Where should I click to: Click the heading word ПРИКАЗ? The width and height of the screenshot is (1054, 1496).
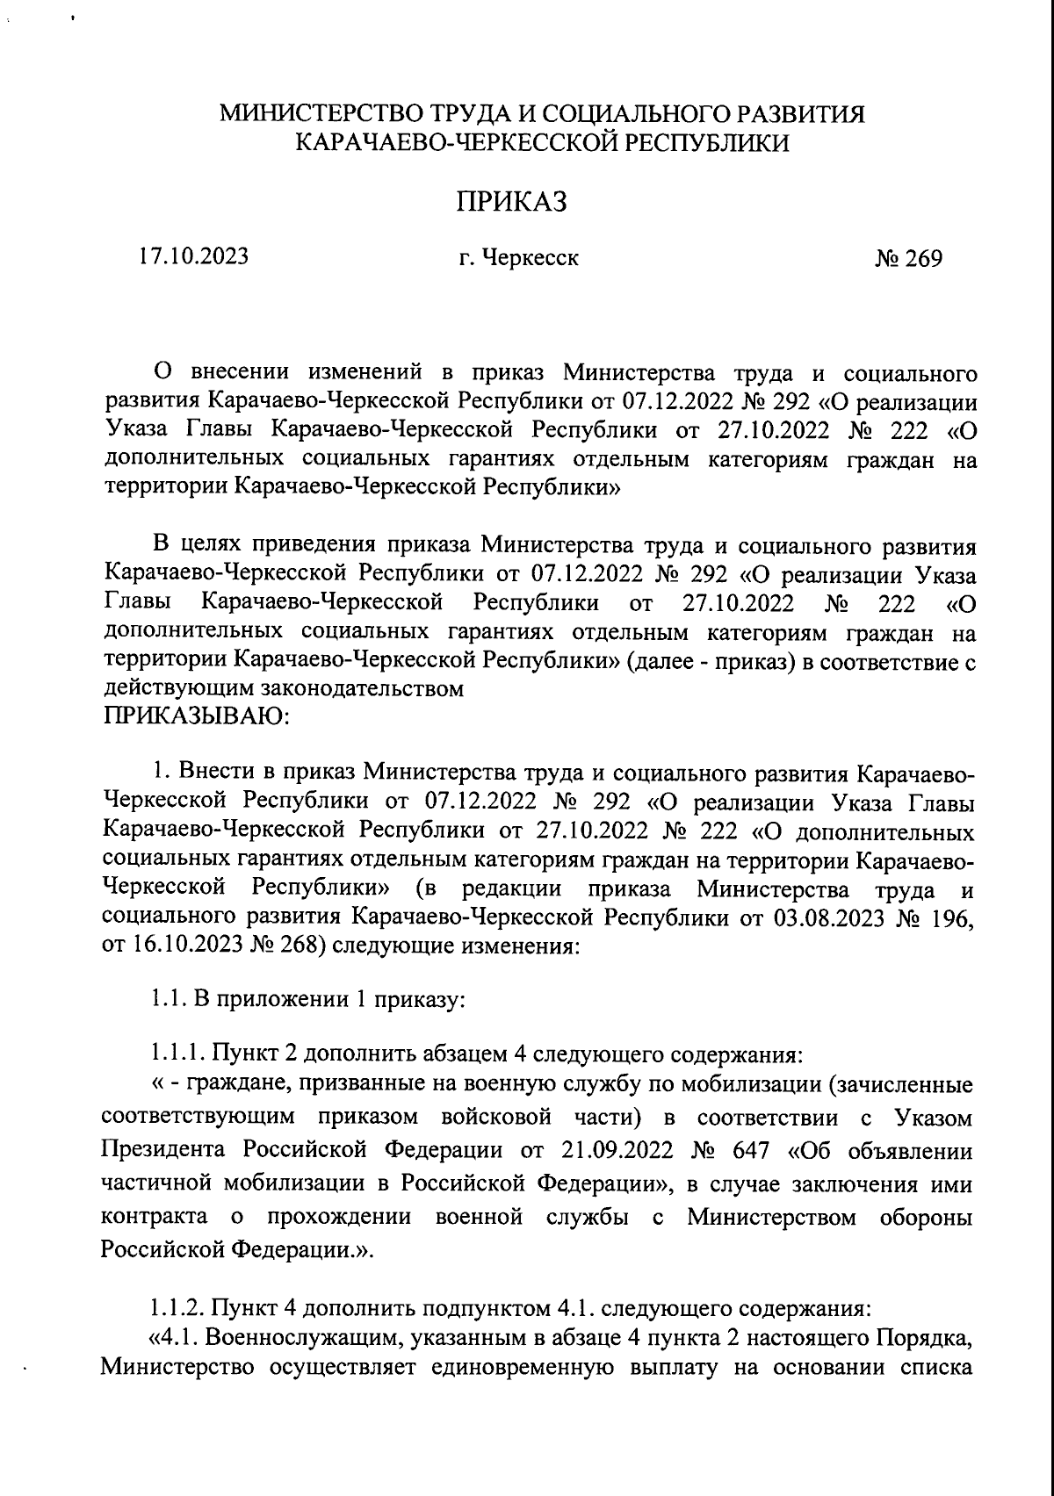511,203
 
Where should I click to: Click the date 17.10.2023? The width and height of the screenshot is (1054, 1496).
192,257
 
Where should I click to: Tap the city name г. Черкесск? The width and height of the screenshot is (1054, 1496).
519,259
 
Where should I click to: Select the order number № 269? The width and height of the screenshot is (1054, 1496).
908,259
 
